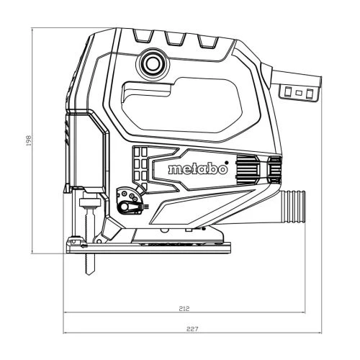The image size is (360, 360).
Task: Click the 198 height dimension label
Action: click(x=29, y=140)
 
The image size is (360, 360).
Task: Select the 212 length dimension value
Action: click(x=184, y=308)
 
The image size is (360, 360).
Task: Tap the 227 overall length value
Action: click(x=192, y=329)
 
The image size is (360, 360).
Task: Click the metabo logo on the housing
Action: click(x=197, y=169)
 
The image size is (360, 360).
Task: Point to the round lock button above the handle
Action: click(x=153, y=64)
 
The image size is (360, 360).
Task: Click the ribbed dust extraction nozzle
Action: click(x=293, y=207)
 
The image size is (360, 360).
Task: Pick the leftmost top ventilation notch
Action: click(x=143, y=36)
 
